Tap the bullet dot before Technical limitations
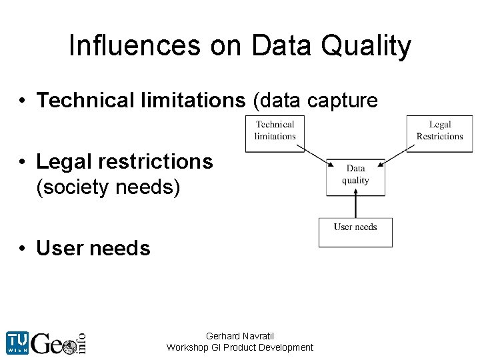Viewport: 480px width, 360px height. pos(23,101)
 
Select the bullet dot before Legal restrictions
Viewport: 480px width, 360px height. pos(23,162)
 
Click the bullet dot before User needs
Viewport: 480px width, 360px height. pos(23,249)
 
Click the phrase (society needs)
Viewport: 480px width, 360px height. pos(108,188)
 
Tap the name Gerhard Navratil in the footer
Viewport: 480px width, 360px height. pos(240,336)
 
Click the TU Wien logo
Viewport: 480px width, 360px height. pos(18,342)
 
